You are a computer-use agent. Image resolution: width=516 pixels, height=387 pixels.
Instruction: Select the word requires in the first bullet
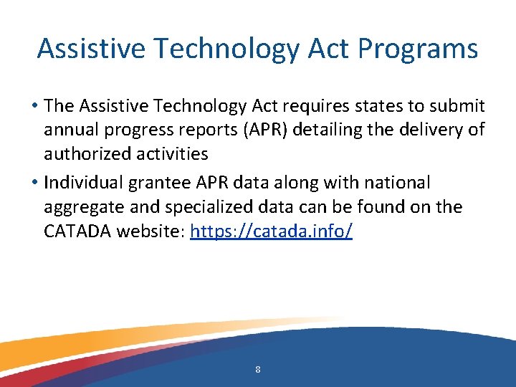click(327, 106)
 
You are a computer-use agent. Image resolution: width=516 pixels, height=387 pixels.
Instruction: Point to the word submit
click(458, 106)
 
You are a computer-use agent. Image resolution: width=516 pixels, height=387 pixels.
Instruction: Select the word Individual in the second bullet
click(82, 183)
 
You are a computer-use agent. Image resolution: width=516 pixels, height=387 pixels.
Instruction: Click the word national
click(399, 183)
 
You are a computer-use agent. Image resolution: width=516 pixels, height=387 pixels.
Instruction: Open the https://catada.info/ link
click(271, 231)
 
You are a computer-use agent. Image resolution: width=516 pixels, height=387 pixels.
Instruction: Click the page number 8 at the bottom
click(257, 370)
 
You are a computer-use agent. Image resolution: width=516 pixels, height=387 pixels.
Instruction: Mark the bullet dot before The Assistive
click(34, 107)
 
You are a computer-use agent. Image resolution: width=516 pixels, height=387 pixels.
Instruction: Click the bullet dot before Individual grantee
click(34, 183)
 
